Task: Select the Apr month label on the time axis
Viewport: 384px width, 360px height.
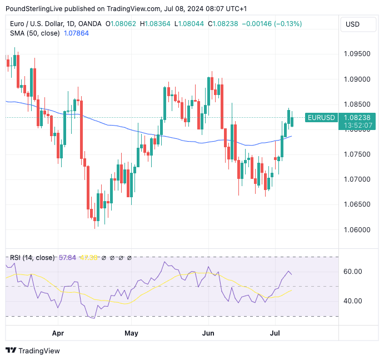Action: click(x=58, y=334)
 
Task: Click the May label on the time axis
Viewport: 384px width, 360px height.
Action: click(x=131, y=334)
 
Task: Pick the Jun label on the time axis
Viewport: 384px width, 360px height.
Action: click(x=208, y=334)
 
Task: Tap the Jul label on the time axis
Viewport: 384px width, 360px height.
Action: click(x=275, y=334)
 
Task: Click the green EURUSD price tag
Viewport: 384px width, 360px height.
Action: click(x=321, y=118)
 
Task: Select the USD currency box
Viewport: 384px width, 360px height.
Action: click(x=352, y=24)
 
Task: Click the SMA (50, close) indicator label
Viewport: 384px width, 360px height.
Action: click(x=34, y=33)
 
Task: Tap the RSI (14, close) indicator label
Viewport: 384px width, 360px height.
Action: click(x=32, y=258)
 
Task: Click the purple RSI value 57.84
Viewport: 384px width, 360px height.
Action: click(x=67, y=258)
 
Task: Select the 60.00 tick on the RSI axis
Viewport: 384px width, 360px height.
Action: click(x=352, y=272)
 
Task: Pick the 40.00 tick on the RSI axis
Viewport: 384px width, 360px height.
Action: click(x=352, y=301)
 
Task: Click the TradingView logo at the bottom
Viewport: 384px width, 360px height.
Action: click(x=33, y=351)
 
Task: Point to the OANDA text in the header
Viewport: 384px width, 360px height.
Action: click(x=91, y=24)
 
